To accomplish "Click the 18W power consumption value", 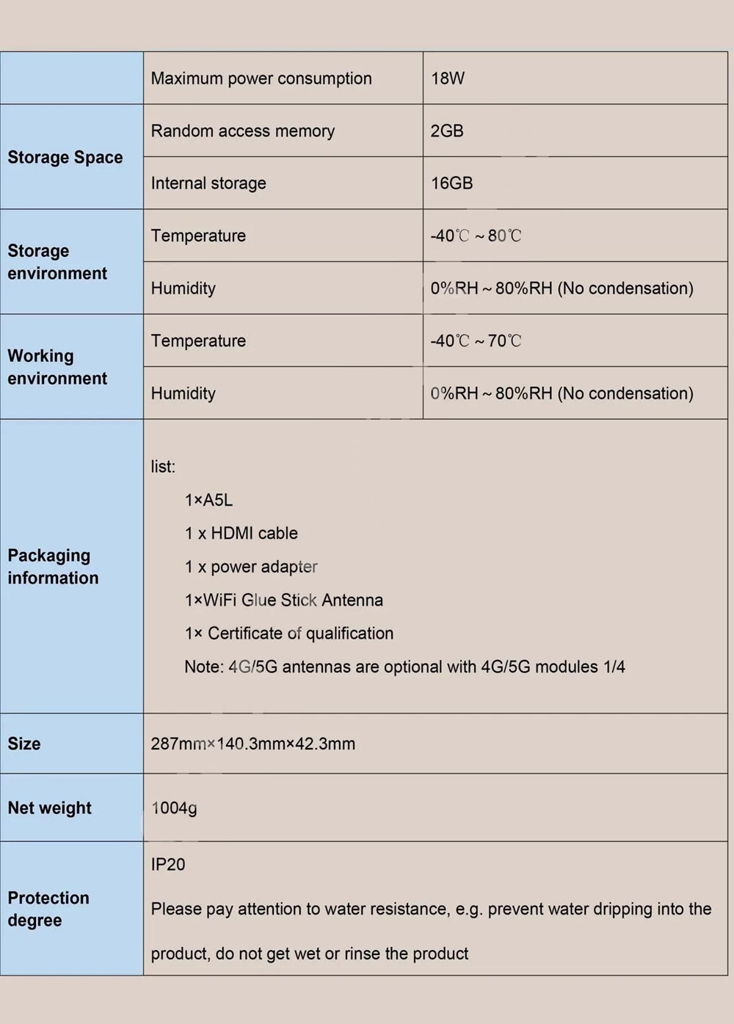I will [x=447, y=79].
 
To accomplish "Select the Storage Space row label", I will [x=65, y=157].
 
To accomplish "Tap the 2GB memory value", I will [x=446, y=131].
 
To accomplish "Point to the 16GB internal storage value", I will [x=451, y=183].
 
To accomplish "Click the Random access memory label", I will [x=242, y=131].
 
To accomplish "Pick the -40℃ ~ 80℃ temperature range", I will [x=475, y=236].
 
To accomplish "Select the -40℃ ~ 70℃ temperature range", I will [x=475, y=341].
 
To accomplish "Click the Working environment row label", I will [x=57, y=367].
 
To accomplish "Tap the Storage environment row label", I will [x=57, y=262].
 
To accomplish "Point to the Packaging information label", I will [x=53, y=566].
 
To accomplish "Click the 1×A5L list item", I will [x=208, y=500].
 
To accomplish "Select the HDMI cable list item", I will [x=241, y=533].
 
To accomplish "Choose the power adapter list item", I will [x=250, y=567].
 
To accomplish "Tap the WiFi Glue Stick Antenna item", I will [x=283, y=600].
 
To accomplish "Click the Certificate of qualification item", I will [x=288, y=633].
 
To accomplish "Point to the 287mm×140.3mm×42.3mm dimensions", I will [x=252, y=744].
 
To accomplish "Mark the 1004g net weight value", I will [x=174, y=807].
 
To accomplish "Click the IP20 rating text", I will [x=168, y=864].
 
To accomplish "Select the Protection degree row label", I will [x=48, y=909].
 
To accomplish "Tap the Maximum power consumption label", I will [x=261, y=79].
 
